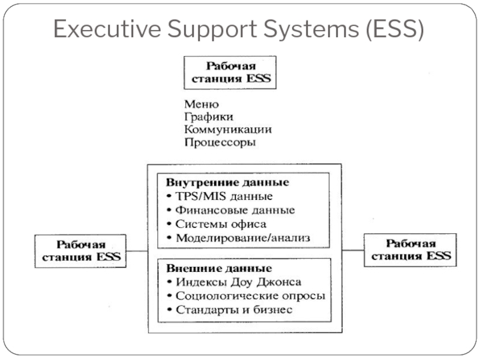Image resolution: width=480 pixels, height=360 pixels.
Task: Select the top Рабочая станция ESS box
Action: coord(230,72)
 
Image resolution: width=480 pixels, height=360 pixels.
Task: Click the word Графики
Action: coord(209,116)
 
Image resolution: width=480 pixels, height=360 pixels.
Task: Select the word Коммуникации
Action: coord(228,129)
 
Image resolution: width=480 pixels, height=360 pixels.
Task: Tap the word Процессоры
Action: coord(220,142)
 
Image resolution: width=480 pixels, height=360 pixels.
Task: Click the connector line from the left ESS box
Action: coord(137,251)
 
